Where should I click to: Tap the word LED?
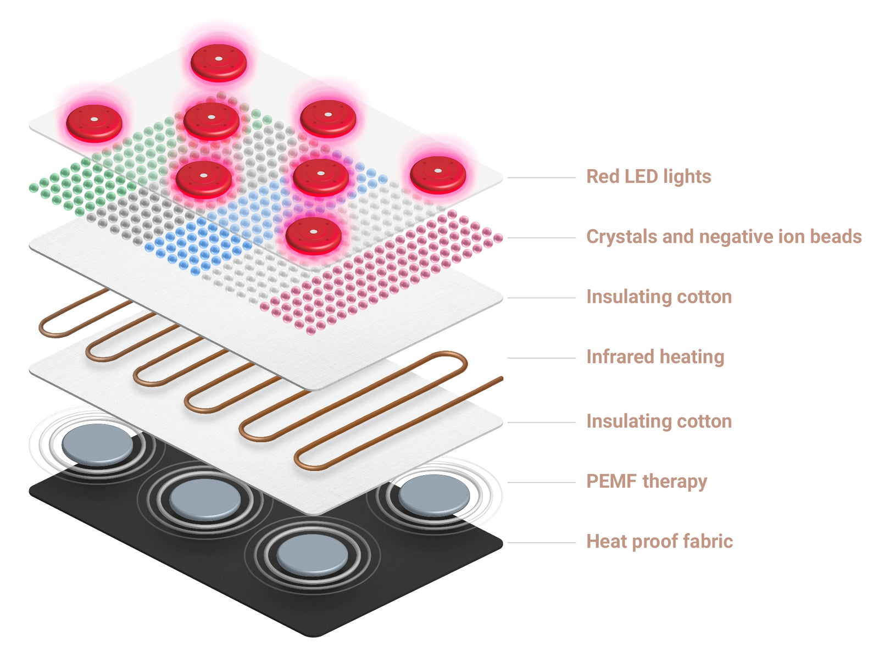coord(641,176)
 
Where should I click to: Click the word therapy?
coord(675,482)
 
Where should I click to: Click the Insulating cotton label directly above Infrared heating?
coord(659,297)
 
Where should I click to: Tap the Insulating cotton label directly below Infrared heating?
coord(659,421)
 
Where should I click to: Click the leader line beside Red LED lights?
coord(541,178)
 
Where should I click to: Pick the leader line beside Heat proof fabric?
coord(541,543)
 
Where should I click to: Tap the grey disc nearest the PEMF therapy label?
coord(434,494)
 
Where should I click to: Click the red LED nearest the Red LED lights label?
coord(438,175)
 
